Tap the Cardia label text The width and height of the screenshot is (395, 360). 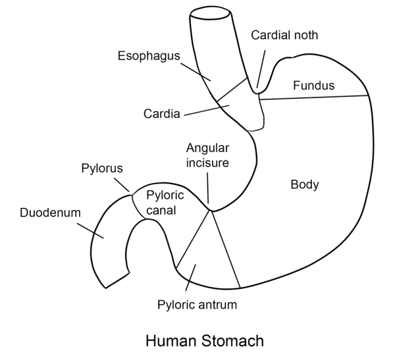[x=161, y=114]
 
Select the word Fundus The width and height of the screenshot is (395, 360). [x=313, y=86]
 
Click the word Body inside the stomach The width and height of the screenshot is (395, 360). [x=304, y=185]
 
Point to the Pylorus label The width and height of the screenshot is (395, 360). [x=102, y=169]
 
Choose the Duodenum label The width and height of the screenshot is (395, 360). [x=50, y=213]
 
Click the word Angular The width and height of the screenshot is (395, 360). [x=206, y=148]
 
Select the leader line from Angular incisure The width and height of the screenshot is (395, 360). [x=207, y=188]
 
